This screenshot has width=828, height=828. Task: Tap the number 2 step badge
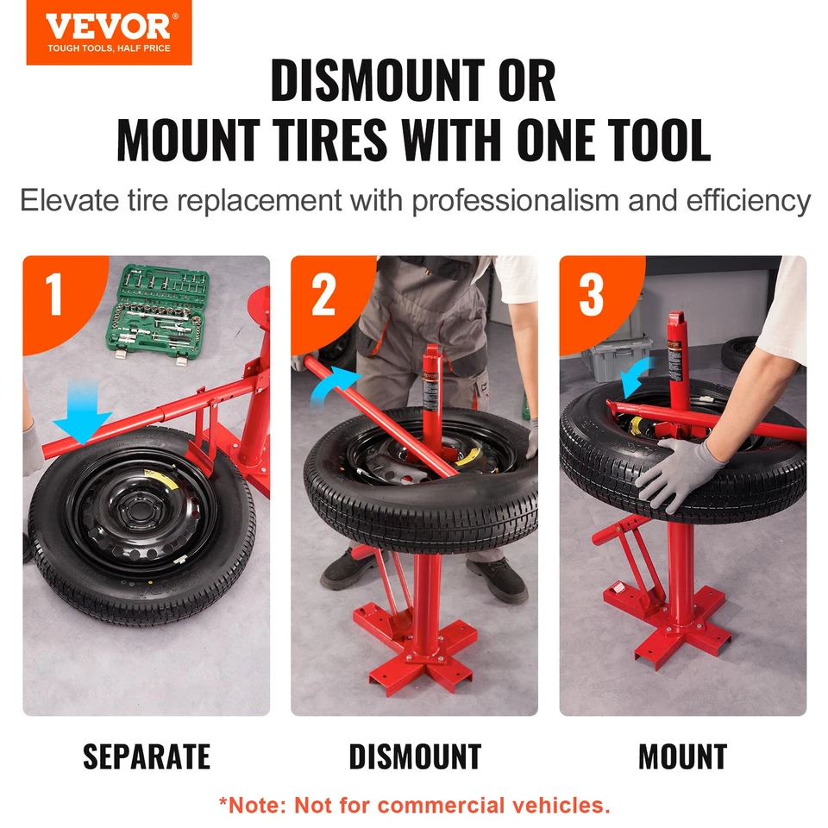[x=323, y=296]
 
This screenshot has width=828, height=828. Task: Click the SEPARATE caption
[x=147, y=757]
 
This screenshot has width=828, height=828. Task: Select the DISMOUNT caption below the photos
[x=414, y=757]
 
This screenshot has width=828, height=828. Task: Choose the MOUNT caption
[x=682, y=757]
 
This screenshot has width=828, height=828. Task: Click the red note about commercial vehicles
[x=414, y=806]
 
